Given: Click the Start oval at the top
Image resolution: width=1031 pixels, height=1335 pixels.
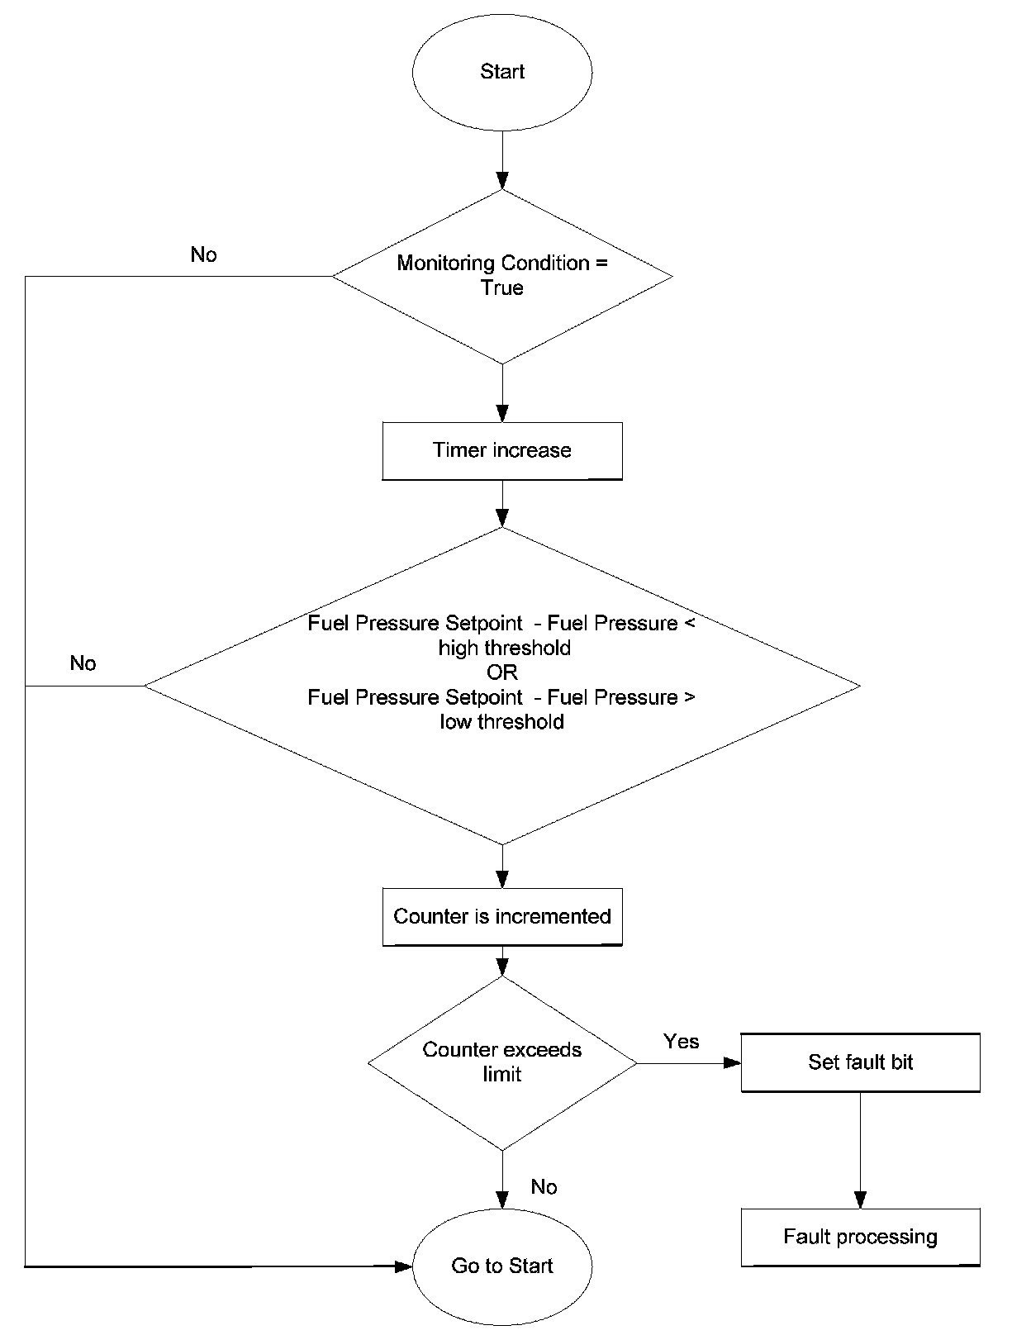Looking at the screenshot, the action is click(x=502, y=72).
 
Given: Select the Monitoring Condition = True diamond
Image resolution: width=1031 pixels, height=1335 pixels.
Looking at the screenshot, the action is click(x=502, y=277).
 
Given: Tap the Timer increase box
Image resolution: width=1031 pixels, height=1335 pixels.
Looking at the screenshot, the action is click(x=502, y=451).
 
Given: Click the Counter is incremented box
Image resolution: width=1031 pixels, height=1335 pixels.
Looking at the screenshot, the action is click(x=502, y=917).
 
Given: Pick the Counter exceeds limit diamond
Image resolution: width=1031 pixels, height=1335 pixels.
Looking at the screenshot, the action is click(x=502, y=1063).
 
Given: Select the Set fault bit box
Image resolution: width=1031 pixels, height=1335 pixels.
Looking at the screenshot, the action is click(x=860, y=1063).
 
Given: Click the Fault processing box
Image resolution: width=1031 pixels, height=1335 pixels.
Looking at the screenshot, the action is click(x=860, y=1238).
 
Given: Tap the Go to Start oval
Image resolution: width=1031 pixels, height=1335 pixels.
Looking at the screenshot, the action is click(x=502, y=1266).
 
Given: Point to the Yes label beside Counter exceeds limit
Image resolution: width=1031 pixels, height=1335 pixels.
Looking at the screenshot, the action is click(x=681, y=1042).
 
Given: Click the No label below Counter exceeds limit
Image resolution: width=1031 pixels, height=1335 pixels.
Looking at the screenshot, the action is click(x=544, y=1186).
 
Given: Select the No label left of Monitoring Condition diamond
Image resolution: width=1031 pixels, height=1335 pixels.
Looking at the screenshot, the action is click(x=204, y=254).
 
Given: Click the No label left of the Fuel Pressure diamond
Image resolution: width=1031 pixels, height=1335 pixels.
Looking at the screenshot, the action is click(x=83, y=663).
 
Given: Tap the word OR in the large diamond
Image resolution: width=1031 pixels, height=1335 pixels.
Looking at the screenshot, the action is click(x=502, y=672).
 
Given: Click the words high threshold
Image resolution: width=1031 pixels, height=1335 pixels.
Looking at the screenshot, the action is click(x=504, y=648).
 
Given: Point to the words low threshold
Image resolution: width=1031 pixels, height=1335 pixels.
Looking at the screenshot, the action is click(x=501, y=721).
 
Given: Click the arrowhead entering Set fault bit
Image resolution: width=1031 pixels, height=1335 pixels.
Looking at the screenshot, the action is click(x=733, y=1063).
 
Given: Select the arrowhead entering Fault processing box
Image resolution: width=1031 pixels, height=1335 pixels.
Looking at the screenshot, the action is click(x=860, y=1200).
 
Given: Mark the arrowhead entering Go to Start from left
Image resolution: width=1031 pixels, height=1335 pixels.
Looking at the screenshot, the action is click(x=403, y=1266).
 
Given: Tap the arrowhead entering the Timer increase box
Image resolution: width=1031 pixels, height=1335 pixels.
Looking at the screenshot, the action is click(x=502, y=414).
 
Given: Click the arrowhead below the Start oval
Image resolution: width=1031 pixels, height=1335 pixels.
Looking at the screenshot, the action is click(x=502, y=181).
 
